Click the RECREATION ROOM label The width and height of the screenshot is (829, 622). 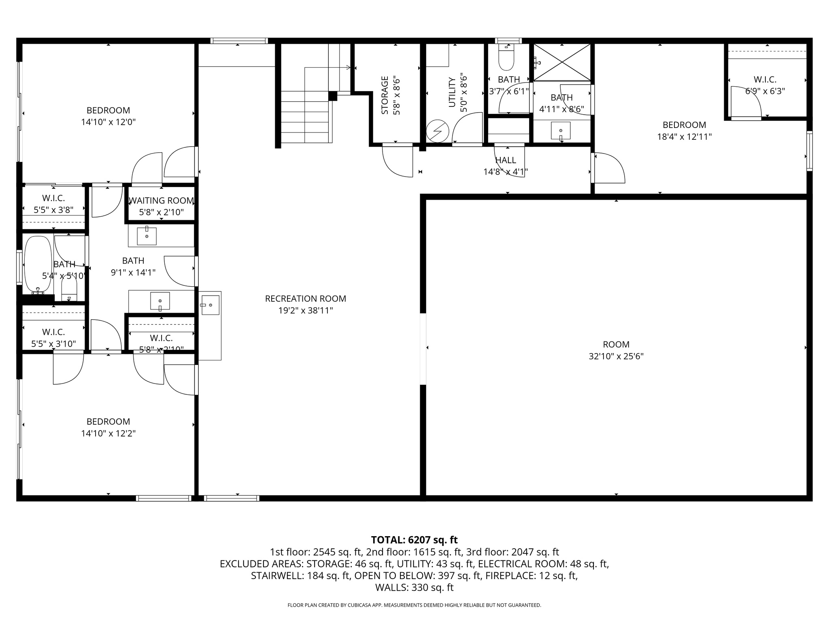pyautogui.click(x=305, y=299)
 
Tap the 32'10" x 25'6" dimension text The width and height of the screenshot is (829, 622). pyautogui.click(x=616, y=356)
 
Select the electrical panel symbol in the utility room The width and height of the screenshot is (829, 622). pyautogui.click(x=438, y=131)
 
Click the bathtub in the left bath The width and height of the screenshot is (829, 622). pyautogui.click(x=38, y=264)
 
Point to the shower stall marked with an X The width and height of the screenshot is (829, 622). pyautogui.click(x=562, y=62)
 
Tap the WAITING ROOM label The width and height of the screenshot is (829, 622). pyautogui.click(x=161, y=200)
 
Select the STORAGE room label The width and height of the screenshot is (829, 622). pyautogui.click(x=385, y=95)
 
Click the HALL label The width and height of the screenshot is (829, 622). pyautogui.click(x=506, y=160)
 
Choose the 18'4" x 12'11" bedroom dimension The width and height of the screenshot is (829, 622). pyautogui.click(x=684, y=137)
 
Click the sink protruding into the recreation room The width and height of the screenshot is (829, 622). pyautogui.click(x=210, y=305)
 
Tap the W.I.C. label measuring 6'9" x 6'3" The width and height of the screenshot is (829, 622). pyautogui.click(x=765, y=80)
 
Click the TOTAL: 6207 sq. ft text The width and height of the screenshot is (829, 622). pyautogui.click(x=414, y=540)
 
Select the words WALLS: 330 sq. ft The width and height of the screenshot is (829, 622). pyautogui.click(x=414, y=588)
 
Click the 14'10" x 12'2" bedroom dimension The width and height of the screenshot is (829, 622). pyautogui.click(x=108, y=433)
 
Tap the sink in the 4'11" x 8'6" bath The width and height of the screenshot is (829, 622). pyautogui.click(x=561, y=131)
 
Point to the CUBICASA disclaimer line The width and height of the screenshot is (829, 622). pyautogui.click(x=414, y=605)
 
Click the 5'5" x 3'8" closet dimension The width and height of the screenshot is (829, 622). pyautogui.click(x=53, y=210)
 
